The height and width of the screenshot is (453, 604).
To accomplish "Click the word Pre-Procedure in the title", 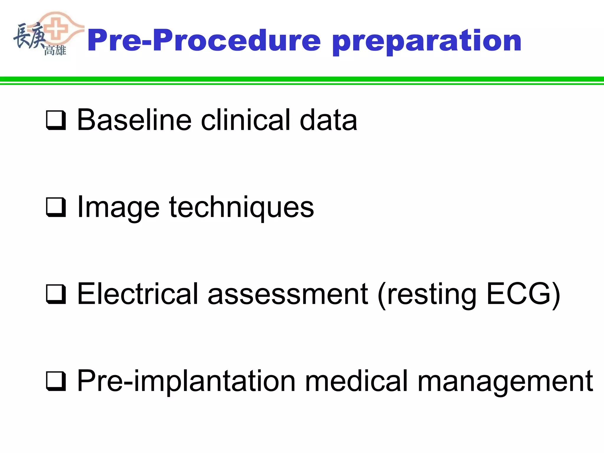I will coord(203,41).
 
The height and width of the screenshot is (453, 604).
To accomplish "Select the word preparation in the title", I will coord(427,41).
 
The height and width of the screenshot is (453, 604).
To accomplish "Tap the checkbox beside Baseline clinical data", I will coord(56,120).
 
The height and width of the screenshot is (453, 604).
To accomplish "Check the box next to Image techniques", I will coord(56,207).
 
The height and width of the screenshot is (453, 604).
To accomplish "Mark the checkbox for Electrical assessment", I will coord(56,294).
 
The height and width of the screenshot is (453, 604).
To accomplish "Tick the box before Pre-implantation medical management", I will coord(56,381).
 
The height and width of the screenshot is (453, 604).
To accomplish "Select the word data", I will coord(328,120).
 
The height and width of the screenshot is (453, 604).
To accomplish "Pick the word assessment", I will coord(288,294).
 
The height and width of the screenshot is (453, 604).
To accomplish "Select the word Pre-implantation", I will coord(186,382).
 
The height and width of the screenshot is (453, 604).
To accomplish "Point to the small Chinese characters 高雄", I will coord(55,50).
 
